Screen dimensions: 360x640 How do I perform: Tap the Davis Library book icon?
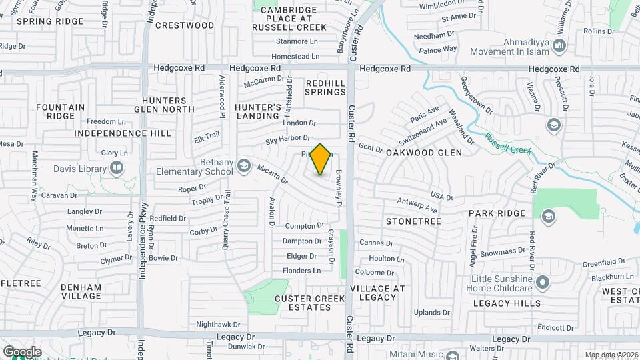(117, 167)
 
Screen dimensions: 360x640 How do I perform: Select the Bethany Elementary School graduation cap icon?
(244, 165)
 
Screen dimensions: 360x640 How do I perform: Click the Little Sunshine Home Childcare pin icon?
(543, 283)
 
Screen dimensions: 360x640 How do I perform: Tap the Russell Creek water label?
(509, 145)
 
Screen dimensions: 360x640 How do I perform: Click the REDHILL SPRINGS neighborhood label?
(325, 87)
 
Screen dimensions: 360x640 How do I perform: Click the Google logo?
(22, 352)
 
